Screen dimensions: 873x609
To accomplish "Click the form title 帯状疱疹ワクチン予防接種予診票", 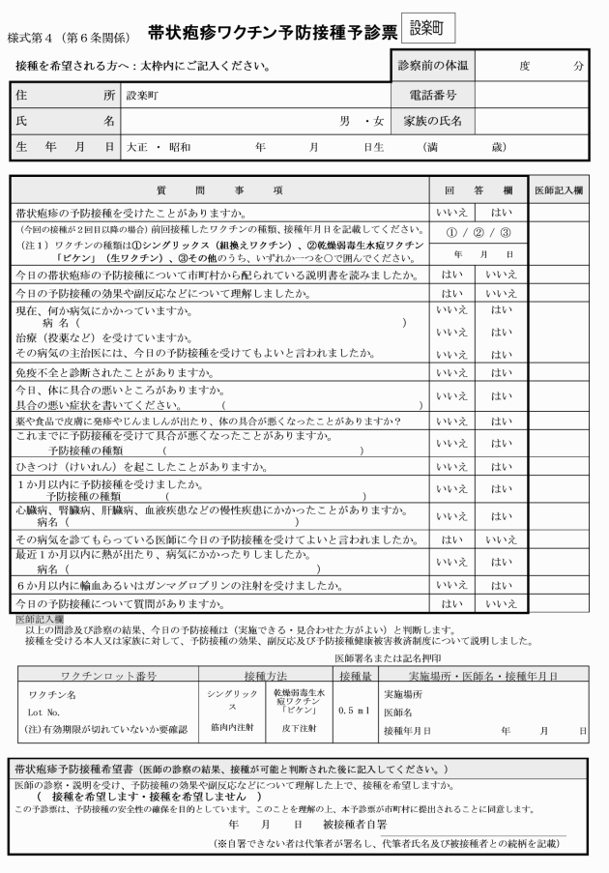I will point(273,33).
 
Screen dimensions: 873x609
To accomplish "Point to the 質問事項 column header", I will point(218,190).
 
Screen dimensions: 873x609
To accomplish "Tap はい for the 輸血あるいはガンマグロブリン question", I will point(500,585).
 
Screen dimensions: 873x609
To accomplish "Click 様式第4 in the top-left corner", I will point(33,39).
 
